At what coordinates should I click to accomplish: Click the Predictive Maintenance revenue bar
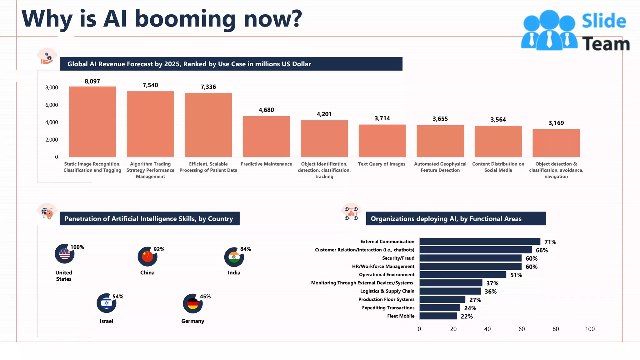coord(266,137)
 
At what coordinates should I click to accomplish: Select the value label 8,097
coord(92,82)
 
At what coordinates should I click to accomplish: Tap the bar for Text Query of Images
coord(382,141)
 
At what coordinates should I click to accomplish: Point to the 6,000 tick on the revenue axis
coord(52,105)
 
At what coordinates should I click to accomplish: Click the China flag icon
coord(147,256)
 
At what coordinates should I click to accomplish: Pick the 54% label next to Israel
coord(118,297)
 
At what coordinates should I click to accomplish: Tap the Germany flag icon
coord(192,303)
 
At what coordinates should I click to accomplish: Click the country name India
coord(234,272)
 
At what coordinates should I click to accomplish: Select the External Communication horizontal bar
coord(479,242)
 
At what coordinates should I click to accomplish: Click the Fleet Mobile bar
coord(438,316)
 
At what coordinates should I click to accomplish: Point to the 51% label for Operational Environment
coord(516,275)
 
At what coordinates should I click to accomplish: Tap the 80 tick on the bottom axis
coord(555,329)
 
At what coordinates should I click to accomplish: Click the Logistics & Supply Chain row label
coord(387,291)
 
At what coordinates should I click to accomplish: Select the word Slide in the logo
coord(603,21)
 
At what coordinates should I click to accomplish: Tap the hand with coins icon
coord(47,57)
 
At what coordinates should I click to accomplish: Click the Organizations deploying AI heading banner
coord(456,219)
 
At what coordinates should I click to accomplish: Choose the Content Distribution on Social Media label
coord(498,167)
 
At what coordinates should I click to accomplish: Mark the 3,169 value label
coord(556,123)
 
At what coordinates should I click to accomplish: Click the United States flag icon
coord(64,253)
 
